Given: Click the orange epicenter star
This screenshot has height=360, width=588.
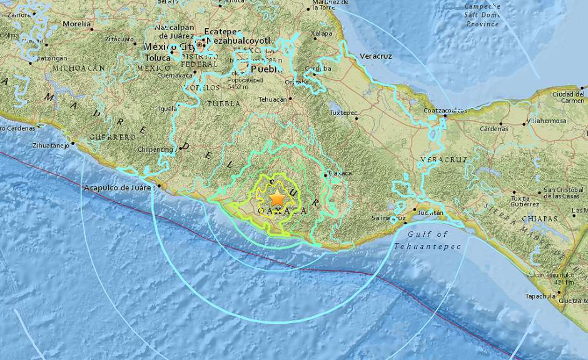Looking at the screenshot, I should pyautogui.click(x=276, y=198).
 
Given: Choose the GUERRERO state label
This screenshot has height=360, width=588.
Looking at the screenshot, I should pyautogui.click(x=112, y=136).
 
